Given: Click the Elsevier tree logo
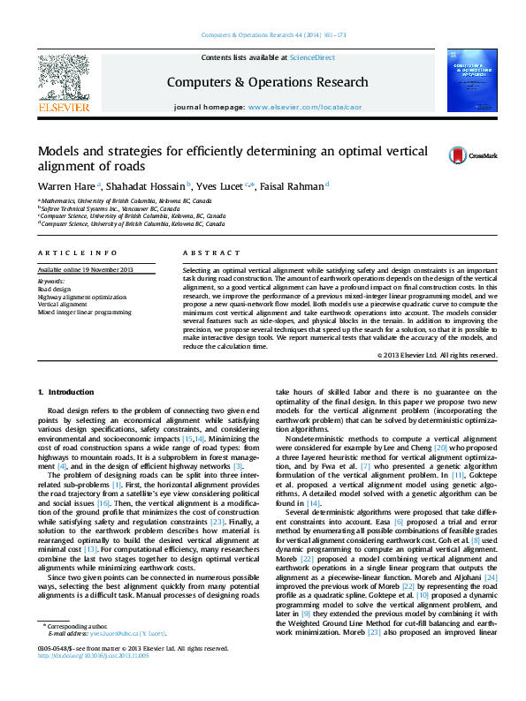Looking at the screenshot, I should (63, 78).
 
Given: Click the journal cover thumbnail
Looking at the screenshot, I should (472, 81).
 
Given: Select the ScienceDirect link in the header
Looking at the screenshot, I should (312, 57).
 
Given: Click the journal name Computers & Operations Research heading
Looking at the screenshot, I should (268, 82).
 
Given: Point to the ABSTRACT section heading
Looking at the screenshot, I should (205, 253).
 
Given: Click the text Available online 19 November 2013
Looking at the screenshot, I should (85, 269).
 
